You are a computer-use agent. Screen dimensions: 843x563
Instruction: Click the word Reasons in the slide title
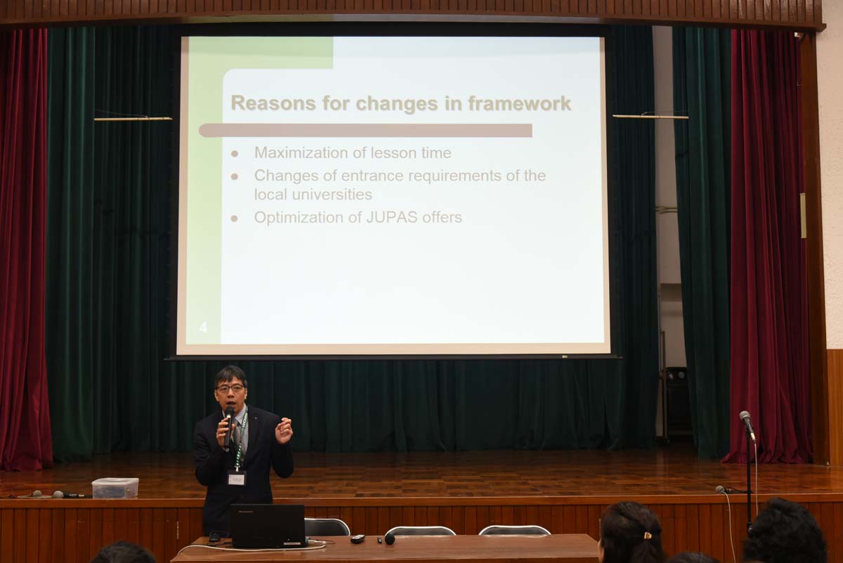[x=273, y=103]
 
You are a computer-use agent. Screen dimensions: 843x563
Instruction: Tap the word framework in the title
[x=519, y=103]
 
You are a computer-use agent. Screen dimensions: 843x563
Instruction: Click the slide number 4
[x=203, y=328]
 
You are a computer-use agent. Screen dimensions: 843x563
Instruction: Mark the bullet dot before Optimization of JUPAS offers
[x=235, y=219]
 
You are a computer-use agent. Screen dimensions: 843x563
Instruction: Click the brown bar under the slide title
[x=365, y=130]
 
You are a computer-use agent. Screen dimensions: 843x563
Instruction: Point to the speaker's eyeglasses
[x=230, y=388]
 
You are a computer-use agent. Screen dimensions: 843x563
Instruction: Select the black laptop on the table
[x=268, y=526]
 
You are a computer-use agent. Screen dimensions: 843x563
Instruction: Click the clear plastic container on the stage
[x=115, y=488]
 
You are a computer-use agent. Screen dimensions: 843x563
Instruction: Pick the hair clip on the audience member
[x=647, y=535]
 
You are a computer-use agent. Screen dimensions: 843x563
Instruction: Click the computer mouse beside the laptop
[x=214, y=536]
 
